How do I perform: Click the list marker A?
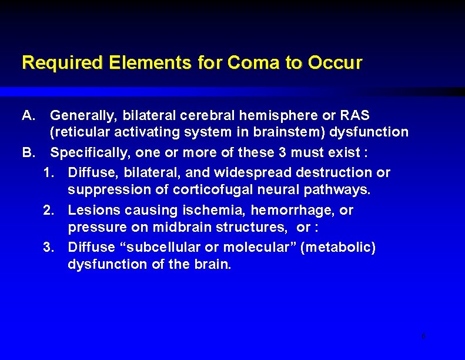pyautogui.click(x=29, y=115)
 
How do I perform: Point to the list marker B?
pyautogui.click(x=29, y=153)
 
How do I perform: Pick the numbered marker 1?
pyautogui.click(x=49, y=172)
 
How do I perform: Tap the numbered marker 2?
pyautogui.click(x=49, y=210)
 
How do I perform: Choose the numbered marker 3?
pyautogui.click(x=49, y=247)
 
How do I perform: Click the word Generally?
pyautogui.click(x=79, y=115)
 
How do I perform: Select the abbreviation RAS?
pyautogui.click(x=356, y=115)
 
